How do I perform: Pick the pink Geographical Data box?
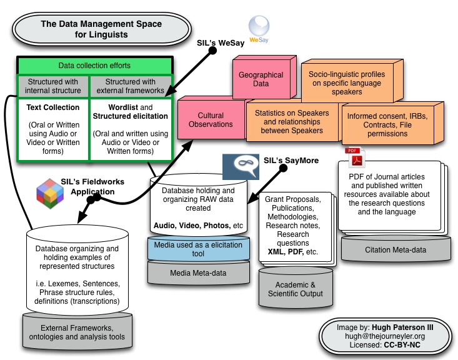pyautogui.click(x=261, y=78)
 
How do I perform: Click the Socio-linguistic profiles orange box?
pyautogui.click(x=347, y=82)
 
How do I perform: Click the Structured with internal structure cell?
pyautogui.click(x=52, y=86)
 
